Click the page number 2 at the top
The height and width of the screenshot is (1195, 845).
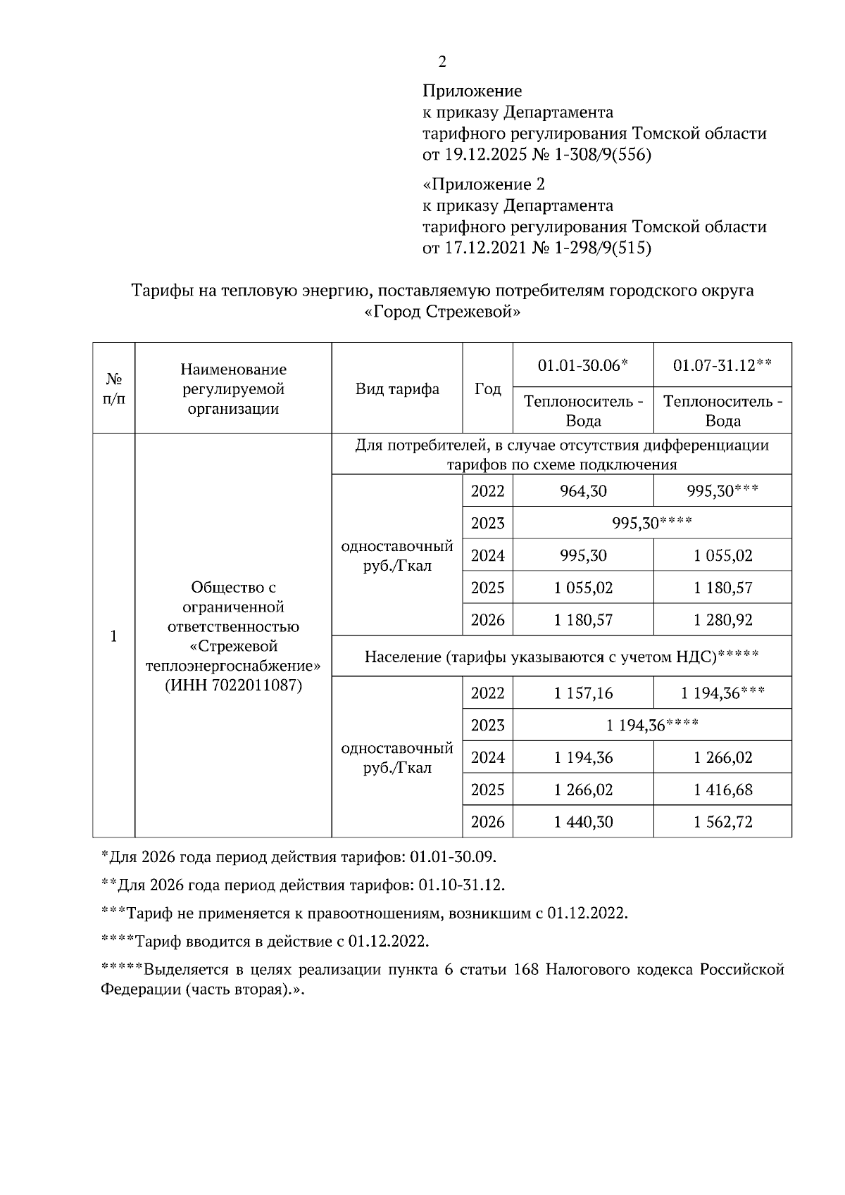(x=442, y=62)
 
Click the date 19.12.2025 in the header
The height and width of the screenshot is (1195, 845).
(x=485, y=155)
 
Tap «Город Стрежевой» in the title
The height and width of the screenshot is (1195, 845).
(x=443, y=312)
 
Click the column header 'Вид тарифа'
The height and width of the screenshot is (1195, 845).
(x=397, y=389)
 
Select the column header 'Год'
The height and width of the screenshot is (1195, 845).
(x=487, y=389)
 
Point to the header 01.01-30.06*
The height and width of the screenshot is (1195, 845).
(x=582, y=365)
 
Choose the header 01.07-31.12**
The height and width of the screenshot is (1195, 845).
(x=722, y=365)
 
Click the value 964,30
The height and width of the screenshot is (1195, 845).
(x=582, y=491)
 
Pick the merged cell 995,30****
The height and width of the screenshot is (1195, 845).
(x=651, y=523)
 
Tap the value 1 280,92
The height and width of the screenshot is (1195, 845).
(x=722, y=620)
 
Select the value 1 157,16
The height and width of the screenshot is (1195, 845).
(x=582, y=693)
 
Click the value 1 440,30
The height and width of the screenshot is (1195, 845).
(x=582, y=821)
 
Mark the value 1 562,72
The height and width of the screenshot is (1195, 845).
(x=722, y=821)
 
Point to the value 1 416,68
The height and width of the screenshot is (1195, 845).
(x=722, y=790)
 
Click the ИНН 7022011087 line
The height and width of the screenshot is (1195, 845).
(x=233, y=685)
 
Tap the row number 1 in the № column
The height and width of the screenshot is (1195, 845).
(x=113, y=636)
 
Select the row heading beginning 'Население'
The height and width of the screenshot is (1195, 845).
(x=561, y=657)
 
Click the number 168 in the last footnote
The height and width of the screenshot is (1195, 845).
(x=527, y=970)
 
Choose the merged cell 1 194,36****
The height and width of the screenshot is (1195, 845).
(x=651, y=725)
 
